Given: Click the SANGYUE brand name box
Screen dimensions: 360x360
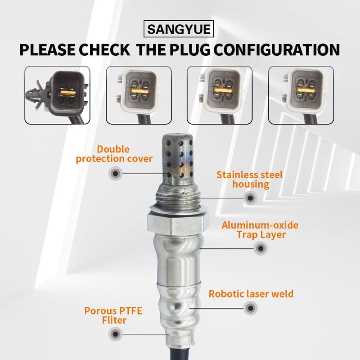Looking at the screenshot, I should pos(180,30).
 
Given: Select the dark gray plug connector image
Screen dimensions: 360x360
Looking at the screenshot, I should pos(57,95).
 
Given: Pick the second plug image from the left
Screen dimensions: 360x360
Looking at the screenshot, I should pos(138,95).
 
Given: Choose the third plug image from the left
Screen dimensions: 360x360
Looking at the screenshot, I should pos(220,95).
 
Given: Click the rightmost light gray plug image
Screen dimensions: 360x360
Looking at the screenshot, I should pos(301,95).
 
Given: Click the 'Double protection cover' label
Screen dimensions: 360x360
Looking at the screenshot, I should pos(114,154).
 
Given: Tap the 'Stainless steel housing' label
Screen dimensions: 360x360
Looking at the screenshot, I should pos(249,179).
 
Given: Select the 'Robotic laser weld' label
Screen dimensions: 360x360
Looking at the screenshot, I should pos(251,294).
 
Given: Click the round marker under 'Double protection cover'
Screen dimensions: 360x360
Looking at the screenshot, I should pos(116,173).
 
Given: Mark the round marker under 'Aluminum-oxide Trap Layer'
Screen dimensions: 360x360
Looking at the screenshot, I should pos(260,248).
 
